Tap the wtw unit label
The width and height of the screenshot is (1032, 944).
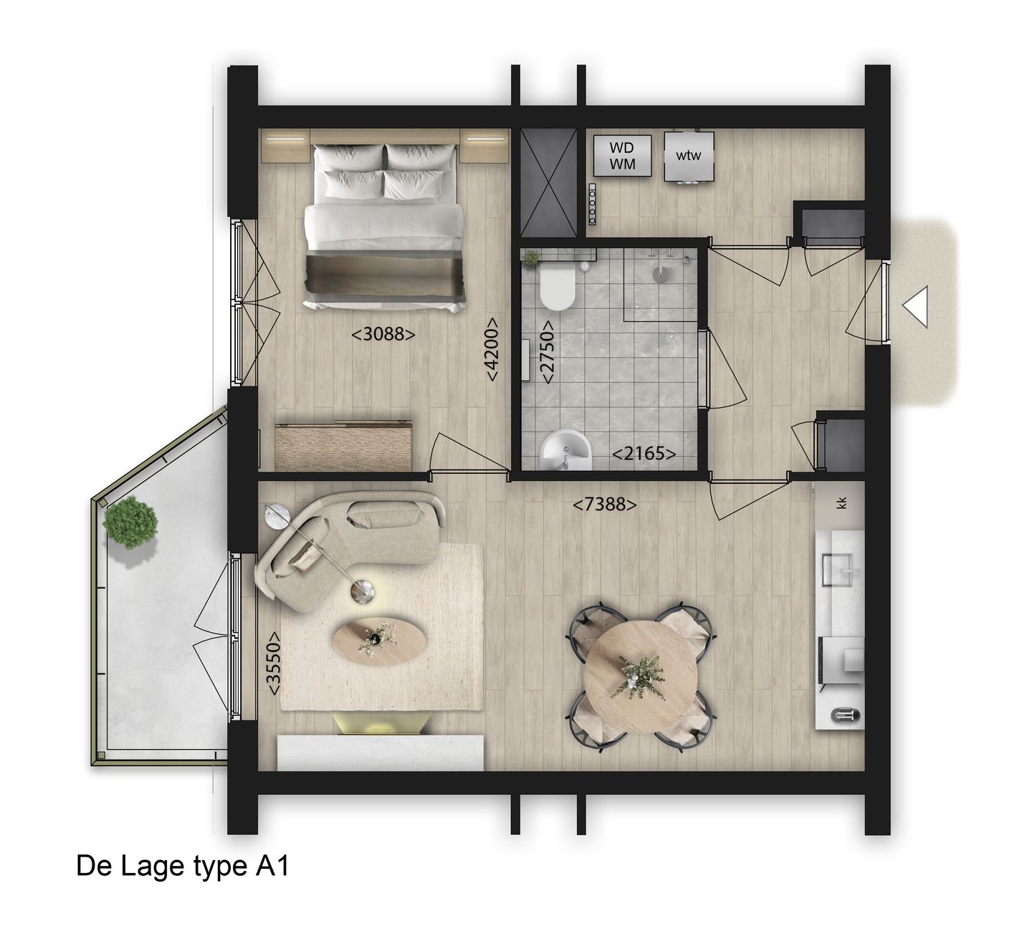[x=689, y=156]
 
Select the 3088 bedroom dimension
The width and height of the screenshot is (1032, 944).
[x=383, y=333]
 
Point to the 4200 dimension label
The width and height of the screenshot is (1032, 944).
[x=492, y=349]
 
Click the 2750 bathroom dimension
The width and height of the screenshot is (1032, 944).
[x=546, y=352]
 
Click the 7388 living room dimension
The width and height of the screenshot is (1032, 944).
[x=604, y=505]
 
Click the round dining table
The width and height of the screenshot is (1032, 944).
[x=640, y=675]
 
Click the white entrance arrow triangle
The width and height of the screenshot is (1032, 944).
[x=917, y=307]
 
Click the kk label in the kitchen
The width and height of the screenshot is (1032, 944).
[x=842, y=502]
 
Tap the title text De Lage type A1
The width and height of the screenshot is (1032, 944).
[x=182, y=867]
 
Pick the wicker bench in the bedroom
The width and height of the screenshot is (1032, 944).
[x=344, y=446]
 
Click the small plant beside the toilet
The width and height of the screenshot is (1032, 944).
[x=532, y=257]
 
